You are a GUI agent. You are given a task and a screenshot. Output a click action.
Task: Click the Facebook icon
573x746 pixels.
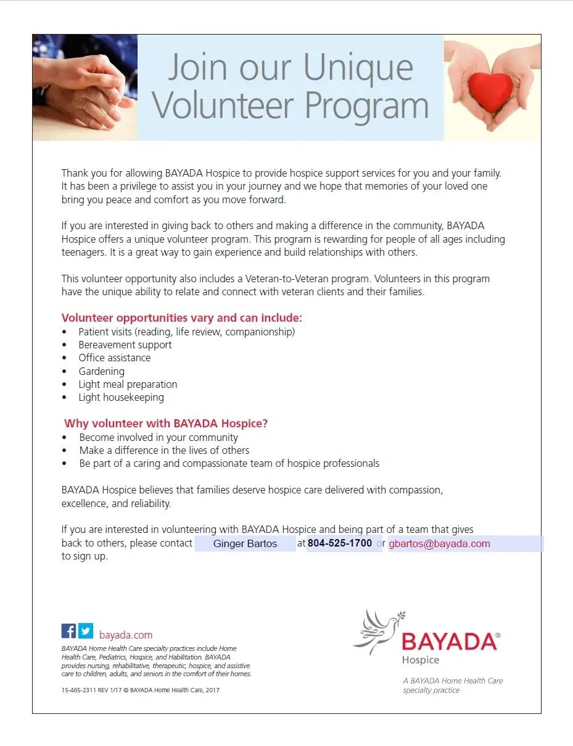pyautogui.click(x=68, y=631)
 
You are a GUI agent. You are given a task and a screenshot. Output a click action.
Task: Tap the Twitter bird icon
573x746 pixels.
pyautogui.click(x=86, y=631)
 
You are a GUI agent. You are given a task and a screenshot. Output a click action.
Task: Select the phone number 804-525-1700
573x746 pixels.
pyautogui.click(x=340, y=543)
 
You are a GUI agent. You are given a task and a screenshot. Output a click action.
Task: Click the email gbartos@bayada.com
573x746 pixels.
pyautogui.click(x=439, y=544)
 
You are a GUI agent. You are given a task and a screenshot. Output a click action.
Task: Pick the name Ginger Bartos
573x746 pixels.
pyautogui.click(x=245, y=544)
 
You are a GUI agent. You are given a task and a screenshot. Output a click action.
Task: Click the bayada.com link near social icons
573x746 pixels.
pyautogui.click(x=126, y=635)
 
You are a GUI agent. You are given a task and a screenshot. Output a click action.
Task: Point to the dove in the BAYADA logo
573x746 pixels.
pyautogui.click(x=376, y=631)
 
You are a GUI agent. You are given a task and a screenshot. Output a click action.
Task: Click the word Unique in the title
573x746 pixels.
pyautogui.click(x=358, y=68)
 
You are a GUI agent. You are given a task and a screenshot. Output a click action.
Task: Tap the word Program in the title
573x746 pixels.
pyautogui.click(x=367, y=106)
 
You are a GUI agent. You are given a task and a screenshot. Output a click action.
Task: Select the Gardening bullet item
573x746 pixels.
pyautogui.click(x=101, y=371)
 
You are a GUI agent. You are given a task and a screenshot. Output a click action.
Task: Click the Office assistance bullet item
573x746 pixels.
pyautogui.click(x=114, y=358)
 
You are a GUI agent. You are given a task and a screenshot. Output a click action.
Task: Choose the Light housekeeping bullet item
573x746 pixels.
pyautogui.click(x=121, y=397)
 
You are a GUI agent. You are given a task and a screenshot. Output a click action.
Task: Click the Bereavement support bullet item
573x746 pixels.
pyautogui.click(x=125, y=345)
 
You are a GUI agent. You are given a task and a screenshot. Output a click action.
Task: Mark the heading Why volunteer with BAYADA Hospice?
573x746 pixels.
pyautogui.click(x=166, y=424)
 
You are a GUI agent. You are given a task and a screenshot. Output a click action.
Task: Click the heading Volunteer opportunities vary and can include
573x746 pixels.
pyautogui.click(x=181, y=318)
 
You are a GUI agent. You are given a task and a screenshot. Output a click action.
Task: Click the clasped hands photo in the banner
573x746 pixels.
pyautogui.click(x=85, y=87)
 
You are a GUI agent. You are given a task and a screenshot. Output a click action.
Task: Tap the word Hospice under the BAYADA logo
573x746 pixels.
pyautogui.click(x=421, y=660)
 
